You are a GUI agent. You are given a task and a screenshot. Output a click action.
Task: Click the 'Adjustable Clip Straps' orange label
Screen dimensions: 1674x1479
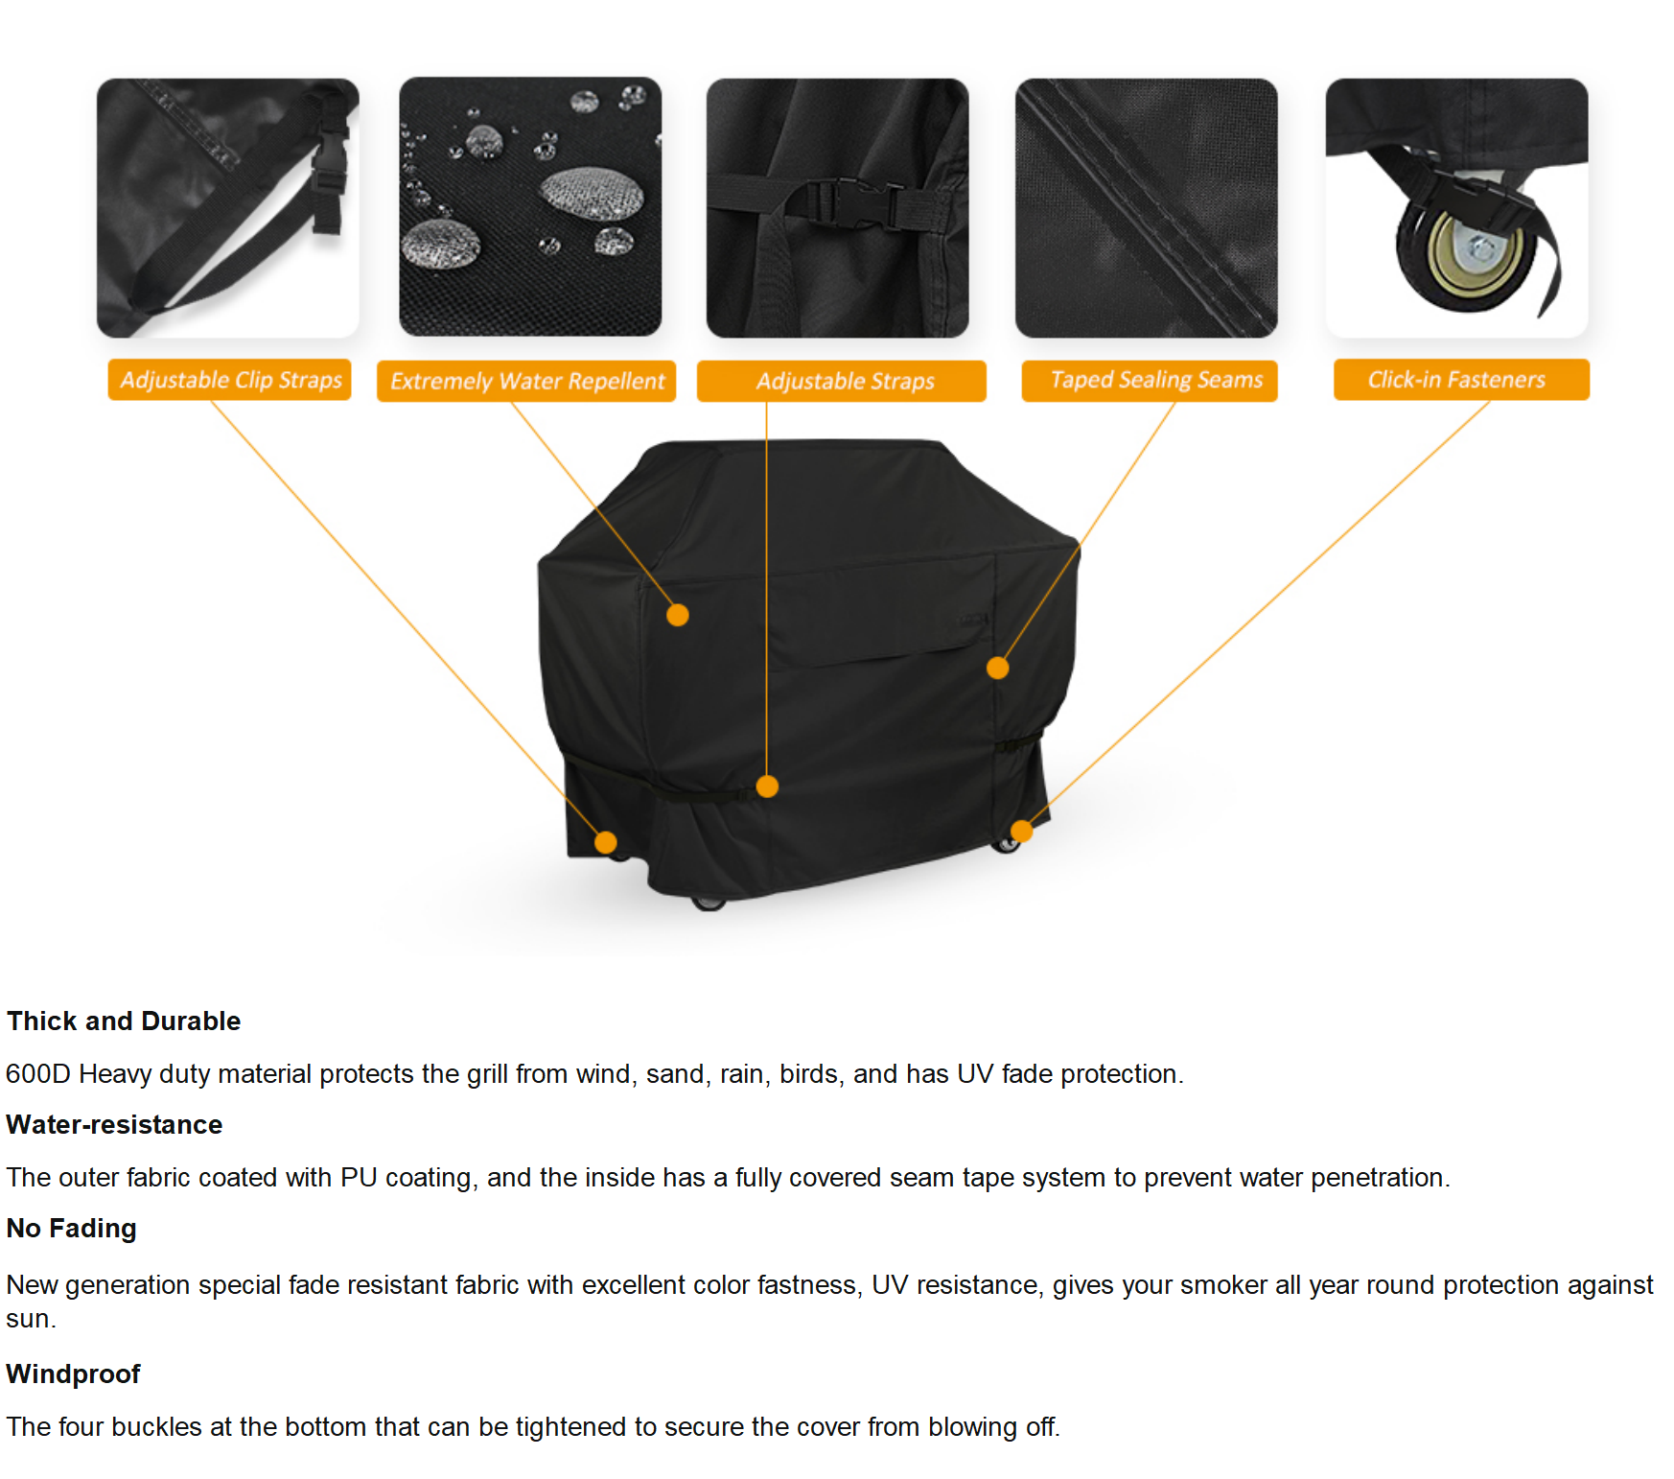pyautogui.click(x=230, y=380)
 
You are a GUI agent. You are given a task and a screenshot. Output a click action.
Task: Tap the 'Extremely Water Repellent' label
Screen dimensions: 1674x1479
pyautogui.click(x=526, y=381)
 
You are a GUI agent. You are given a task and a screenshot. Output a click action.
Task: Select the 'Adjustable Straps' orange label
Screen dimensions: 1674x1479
pyautogui.click(x=842, y=381)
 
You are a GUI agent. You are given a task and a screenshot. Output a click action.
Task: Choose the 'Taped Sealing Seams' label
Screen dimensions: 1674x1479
pyautogui.click(x=1150, y=381)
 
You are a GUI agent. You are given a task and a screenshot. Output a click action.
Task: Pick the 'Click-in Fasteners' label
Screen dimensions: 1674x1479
pyautogui.click(x=1461, y=380)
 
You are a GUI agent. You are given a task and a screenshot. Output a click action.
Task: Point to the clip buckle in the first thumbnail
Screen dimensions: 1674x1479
pyautogui.click(x=328, y=182)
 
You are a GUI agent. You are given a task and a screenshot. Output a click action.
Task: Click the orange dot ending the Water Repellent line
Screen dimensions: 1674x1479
pyautogui.click(x=678, y=615)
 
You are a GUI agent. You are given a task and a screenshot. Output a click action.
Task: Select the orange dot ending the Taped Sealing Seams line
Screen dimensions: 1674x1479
pyautogui.click(x=998, y=668)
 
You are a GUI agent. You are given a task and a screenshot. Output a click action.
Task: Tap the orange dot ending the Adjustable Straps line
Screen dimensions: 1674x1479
pyautogui.click(x=767, y=786)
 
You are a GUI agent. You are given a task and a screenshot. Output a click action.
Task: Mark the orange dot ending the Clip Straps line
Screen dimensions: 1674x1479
pyautogui.click(x=606, y=842)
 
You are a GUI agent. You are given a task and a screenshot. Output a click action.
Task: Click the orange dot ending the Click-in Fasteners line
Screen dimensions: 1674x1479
pyautogui.click(x=1022, y=831)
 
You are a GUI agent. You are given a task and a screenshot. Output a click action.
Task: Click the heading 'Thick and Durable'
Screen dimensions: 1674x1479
pyautogui.click(x=124, y=1021)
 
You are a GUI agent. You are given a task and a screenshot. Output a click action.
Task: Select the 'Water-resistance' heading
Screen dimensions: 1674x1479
pyautogui.click(x=114, y=1124)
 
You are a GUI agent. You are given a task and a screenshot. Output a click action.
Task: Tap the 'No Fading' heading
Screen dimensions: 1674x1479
pyautogui.click(x=72, y=1228)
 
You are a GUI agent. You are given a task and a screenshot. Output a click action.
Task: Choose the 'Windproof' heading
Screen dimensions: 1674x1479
pyautogui.click(x=74, y=1373)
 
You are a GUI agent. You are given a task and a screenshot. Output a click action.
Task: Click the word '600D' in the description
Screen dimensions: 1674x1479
pyautogui.click(x=38, y=1073)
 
